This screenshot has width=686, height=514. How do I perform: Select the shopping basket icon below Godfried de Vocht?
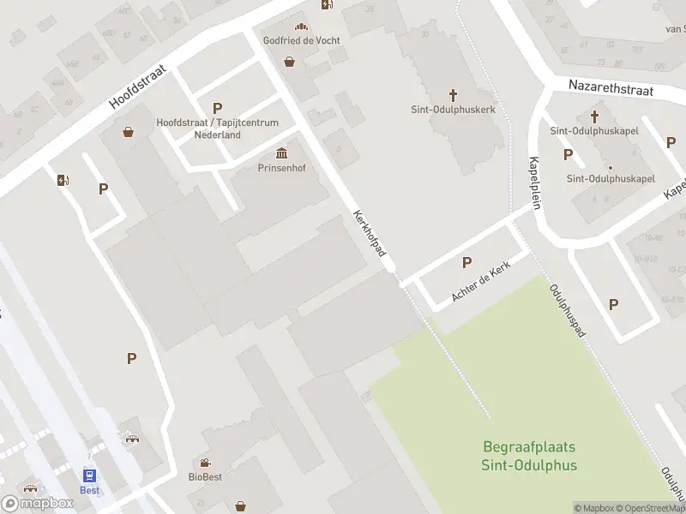click(290, 62)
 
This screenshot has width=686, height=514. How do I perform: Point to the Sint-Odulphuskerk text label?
click(453, 110)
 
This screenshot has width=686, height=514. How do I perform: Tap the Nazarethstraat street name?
click(611, 88)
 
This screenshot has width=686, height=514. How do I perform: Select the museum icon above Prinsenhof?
click(281, 153)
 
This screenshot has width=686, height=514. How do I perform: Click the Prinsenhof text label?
click(281, 168)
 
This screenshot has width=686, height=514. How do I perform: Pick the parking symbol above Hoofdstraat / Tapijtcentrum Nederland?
click(217, 109)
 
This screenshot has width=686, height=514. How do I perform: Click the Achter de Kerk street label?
click(481, 284)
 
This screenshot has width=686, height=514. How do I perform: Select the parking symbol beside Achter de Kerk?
click(466, 262)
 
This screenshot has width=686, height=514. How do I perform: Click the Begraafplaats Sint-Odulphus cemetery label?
click(529, 457)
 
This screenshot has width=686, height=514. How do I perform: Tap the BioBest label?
click(205, 477)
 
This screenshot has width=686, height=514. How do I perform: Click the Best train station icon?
click(89, 475)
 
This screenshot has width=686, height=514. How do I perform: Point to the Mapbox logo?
click(38, 503)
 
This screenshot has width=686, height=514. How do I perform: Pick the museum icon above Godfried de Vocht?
click(300, 27)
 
